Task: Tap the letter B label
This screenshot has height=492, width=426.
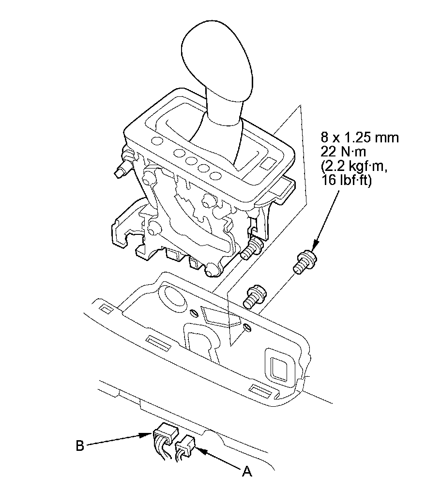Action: (x=80, y=445)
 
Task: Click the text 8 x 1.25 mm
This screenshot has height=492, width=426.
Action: (x=360, y=138)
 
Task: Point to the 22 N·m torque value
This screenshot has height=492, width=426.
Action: (x=343, y=152)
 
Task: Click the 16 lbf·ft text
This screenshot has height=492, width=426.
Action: (x=346, y=181)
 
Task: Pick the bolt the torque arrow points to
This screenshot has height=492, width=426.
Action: (x=304, y=261)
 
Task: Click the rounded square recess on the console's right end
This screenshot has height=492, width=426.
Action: (x=280, y=366)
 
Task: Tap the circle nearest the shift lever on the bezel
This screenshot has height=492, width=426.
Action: (x=215, y=175)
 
